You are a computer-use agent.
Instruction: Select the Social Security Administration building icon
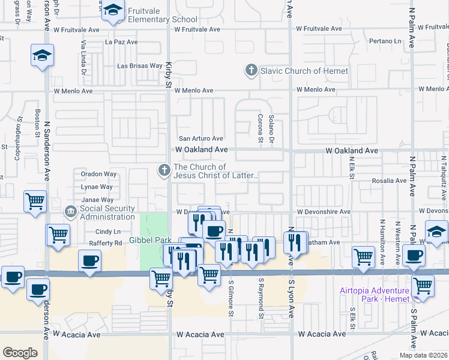pyautogui.click(x=71, y=211)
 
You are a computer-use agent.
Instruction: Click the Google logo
pyautogui.click(x=20, y=353)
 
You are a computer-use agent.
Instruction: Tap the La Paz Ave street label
pyautogui.click(x=121, y=42)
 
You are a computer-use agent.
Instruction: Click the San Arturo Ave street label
pyautogui.click(x=199, y=139)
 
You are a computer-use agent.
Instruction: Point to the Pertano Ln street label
pyautogui.click(x=386, y=41)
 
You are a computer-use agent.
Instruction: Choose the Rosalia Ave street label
pyautogui.click(x=390, y=181)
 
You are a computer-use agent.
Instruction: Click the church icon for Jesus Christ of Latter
pyautogui.click(x=163, y=171)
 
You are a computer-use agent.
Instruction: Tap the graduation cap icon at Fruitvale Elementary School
pyautogui.click(x=112, y=10)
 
